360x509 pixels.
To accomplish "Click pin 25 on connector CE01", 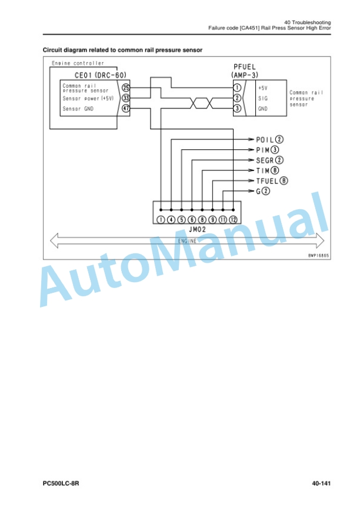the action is coord(126,88).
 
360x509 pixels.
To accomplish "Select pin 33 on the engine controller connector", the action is coord(126,98).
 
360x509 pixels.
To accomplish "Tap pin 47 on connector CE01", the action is coord(126,108).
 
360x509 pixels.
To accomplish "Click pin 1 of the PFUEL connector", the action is coord(237,88).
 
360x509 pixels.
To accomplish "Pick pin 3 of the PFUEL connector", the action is coord(237,108).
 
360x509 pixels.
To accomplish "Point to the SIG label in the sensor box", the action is coord(263,98).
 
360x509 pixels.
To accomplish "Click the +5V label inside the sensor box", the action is coord(262,88).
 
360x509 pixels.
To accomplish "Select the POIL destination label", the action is coord(265,139).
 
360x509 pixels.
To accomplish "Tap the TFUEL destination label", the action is coord(267,181).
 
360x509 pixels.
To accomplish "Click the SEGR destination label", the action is coord(265,160).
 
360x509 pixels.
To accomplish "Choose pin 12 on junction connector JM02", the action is coord(234,220).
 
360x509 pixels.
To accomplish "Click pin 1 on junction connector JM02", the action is coord(161,220).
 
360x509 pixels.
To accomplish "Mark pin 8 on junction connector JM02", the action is coord(202,220).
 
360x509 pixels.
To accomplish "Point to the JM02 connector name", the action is coord(197,230).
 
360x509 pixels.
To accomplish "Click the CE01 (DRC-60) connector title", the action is coord(101,75).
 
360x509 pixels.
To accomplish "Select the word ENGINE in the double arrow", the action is coord(187,241).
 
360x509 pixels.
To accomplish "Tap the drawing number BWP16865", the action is coord(318,256).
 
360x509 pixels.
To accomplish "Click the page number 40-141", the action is coord(321,483).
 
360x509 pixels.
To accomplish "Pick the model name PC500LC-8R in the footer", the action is coord(61,483).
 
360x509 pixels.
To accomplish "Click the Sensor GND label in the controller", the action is coord(78,109).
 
